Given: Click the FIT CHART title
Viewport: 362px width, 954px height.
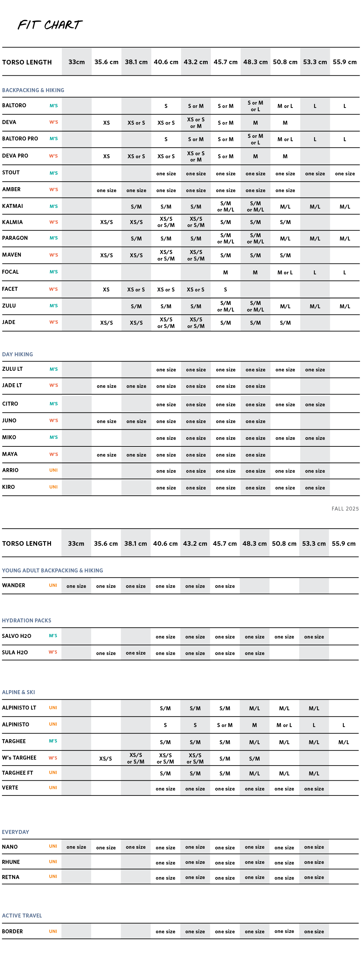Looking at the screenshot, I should [x=50, y=25].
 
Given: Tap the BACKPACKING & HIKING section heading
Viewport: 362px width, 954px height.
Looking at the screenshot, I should [x=33, y=90].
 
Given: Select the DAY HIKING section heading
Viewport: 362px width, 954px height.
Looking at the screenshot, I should [x=17, y=354].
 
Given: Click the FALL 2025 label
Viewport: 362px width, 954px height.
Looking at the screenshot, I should [x=345, y=509].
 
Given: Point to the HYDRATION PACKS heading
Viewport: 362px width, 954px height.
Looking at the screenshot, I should [x=27, y=620].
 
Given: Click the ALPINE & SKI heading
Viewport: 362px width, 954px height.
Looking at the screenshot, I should [x=18, y=692].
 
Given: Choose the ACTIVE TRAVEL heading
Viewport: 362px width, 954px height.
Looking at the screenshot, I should [x=22, y=916].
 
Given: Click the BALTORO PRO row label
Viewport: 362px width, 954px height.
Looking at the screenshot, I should [x=20, y=138].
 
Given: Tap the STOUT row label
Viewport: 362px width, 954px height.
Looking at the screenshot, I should [x=11, y=173].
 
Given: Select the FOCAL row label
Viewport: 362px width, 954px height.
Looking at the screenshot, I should [x=11, y=272].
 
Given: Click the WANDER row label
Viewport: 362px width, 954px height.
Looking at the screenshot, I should [x=14, y=585].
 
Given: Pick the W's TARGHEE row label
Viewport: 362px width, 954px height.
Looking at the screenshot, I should [x=19, y=757].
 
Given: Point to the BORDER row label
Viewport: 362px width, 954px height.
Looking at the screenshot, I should [x=12, y=931].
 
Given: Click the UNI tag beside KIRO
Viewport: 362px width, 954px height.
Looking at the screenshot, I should [x=53, y=487].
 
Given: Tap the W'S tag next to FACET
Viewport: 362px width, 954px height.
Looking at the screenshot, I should [x=53, y=289].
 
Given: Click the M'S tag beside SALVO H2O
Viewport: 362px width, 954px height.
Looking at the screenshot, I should [x=53, y=636].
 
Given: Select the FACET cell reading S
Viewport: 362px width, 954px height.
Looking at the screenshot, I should [x=225, y=289].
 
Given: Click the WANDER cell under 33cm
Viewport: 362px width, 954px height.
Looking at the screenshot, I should [x=76, y=586].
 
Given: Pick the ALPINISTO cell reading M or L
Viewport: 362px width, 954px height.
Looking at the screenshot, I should [x=284, y=725].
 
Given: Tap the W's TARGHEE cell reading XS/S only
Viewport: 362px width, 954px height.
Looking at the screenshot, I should [x=106, y=759].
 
